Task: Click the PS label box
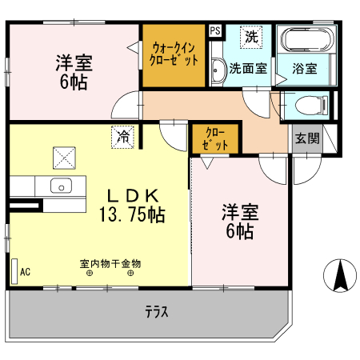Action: pyautogui.click(x=214, y=31)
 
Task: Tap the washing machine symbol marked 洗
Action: pyautogui.click(x=252, y=37)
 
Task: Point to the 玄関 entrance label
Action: pyautogui.click(x=306, y=138)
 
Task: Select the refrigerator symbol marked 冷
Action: pyautogui.click(x=122, y=137)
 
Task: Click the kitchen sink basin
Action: pyautogui.click(x=62, y=186)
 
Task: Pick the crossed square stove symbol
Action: pyautogui.click(x=63, y=157)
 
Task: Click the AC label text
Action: pyautogui.click(x=25, y=271)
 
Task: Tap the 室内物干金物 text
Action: pyautogui.click(x=110, y=262)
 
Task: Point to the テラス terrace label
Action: pyautogui.click(x=157, y=312)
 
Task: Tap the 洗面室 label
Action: pyautogui.click(x=249, y=69)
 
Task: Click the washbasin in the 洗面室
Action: pyautogui.click(x=218, y=71)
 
